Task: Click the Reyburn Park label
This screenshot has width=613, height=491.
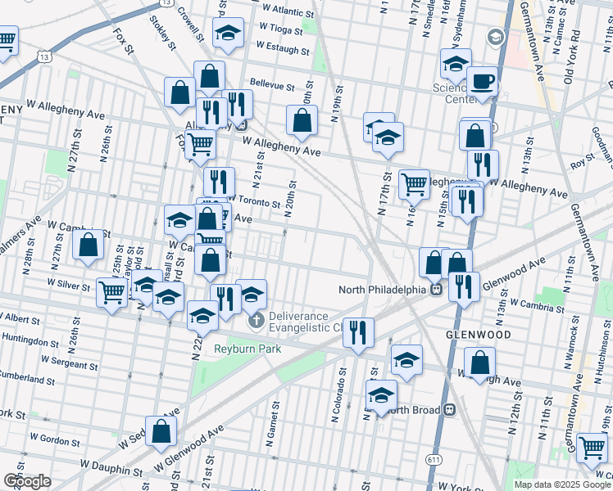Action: pyautogui.click(x=247, y=349)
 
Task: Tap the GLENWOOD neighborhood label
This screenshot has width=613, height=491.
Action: pyautogui.click(x=478, y=335)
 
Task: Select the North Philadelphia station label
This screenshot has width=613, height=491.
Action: pyautogui.click(x=384, y=289)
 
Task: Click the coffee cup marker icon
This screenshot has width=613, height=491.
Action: pyautogui.click(x=482, y=82)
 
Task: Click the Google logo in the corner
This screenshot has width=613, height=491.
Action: pyautogui.click(x=26, y=481)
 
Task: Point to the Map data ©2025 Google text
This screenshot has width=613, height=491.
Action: pyautogui.click(x=561, y=484)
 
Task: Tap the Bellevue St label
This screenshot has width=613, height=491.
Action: pyautogui.click(x=272, y=85)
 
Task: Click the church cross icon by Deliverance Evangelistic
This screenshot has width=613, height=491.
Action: pyautogui.click(x=257, y=318)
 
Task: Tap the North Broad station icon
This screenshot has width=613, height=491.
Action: pyautogui.click(x=449, y=409)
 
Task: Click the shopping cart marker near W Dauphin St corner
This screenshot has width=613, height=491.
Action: pyautogui.click(x=592, y=448)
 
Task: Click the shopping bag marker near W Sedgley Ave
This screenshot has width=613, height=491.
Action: pyautogui.click(x=161, y=430)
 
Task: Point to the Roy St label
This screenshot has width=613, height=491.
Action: pyautogui.click(x=582, y=164)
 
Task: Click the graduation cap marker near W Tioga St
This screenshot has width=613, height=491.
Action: pyautogui.click(x=229, y=33)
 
